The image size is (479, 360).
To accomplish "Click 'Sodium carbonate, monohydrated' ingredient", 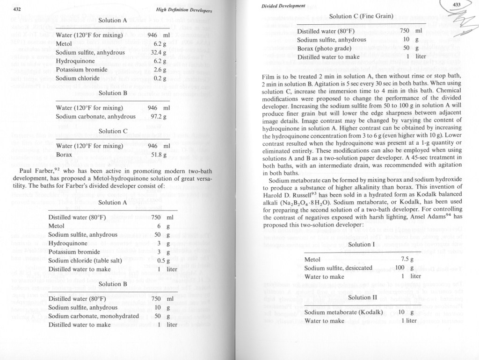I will pos(94,316).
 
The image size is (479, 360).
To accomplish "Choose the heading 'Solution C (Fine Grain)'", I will pos(361,16).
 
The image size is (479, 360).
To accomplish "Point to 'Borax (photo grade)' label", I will pos(326,48).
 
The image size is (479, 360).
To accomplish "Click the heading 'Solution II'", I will pos(360,297).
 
